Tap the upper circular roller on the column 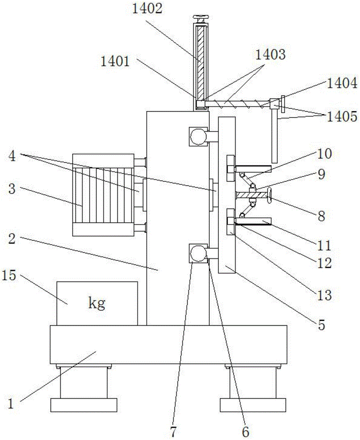click(198, 137)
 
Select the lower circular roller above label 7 click(198, 253)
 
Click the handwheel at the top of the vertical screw click(201, 18)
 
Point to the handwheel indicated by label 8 click(269, 196)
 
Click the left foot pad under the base click(84, 404)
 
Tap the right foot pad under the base click(253, 404)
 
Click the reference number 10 click(326, 154)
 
